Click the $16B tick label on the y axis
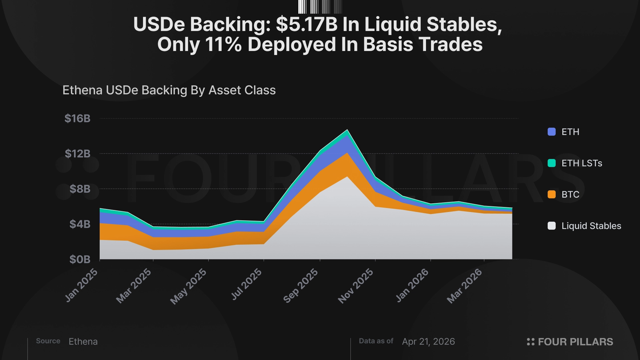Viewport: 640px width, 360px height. (77, 119)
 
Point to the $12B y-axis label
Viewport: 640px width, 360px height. (77, 154)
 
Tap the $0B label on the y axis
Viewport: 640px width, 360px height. (80, 259)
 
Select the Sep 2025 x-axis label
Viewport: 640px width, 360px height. (301, 286)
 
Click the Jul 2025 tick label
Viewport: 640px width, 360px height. (246, 284)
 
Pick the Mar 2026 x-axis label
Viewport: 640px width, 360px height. (464, 286)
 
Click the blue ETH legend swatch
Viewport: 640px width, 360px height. (552, 132)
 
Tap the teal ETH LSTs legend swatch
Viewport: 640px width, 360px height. (552, 163)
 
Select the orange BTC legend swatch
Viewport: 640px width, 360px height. (552, 194)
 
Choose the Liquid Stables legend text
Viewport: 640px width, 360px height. (591, 226)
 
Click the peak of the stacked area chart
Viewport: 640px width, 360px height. (347, 130)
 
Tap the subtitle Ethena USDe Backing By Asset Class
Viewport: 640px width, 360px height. (169, 90)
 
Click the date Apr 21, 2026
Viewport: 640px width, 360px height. (428, 342)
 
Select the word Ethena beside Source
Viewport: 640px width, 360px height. (83, 342)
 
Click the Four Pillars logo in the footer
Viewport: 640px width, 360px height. (570, 342)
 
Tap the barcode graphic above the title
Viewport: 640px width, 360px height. (320, 7)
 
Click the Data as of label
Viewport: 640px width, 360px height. (376, 341)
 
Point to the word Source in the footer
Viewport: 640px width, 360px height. (48, 341)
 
